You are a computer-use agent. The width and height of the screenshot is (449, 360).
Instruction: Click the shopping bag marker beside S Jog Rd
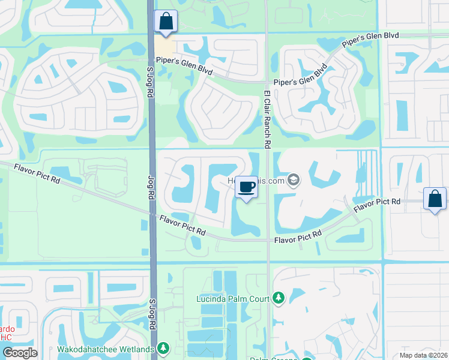pos(164,22)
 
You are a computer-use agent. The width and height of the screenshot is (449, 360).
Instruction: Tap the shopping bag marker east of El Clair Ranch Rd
pos(435,199)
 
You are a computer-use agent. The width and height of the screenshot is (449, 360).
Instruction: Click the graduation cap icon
pos(294,179)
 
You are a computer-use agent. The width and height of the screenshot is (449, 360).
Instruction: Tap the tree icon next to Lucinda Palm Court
pos(278,298)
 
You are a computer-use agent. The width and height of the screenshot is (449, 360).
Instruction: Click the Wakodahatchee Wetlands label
pos(106,349)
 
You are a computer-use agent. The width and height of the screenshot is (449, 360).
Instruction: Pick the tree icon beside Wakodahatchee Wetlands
pos(163,348)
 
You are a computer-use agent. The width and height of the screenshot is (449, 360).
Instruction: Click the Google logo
pos(20,353)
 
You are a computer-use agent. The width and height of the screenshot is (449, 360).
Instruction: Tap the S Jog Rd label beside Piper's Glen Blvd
pos(151,80)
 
